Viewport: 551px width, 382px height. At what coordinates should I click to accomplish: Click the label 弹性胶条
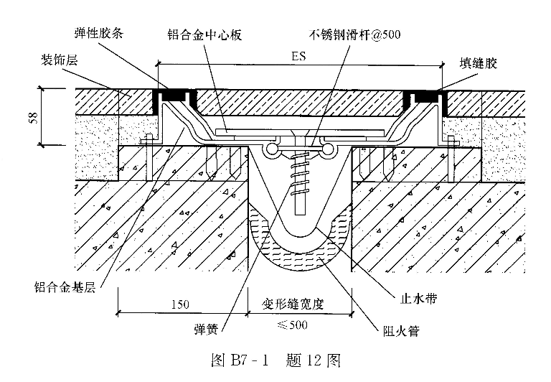click(x=99, y=34)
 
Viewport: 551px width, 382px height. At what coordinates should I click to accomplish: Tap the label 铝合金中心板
click(x=204, y=34)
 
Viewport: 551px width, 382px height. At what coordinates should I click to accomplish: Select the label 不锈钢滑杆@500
click(x=354, y=34)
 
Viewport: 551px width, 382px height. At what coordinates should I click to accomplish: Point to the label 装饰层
click(x=60, y=60)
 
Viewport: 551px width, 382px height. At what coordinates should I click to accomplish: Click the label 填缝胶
click(x=479, y=63)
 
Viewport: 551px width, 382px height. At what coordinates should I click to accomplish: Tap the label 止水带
click(x=418, y=298)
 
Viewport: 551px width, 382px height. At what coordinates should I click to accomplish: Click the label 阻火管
click(x=401, y=330)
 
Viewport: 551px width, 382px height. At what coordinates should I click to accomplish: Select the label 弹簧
click(x=207, y=329)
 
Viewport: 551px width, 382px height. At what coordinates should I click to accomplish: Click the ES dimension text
click(x=298, y=56)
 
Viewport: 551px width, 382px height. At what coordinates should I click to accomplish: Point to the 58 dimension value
click(x=34, y=118)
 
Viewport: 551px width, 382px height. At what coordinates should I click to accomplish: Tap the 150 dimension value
click(x=180, y=304)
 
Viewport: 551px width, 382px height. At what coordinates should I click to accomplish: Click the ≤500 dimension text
click(x=293, y=325)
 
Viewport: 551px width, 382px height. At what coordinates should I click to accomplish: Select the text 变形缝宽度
click(x=293, y=304)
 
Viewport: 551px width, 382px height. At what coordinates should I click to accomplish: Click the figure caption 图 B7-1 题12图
click(x=275, y=360)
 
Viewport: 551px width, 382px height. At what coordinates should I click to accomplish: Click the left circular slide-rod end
click(x=272, y=149)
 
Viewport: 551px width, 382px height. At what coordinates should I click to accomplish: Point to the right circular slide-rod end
click(x=328, y=149)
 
